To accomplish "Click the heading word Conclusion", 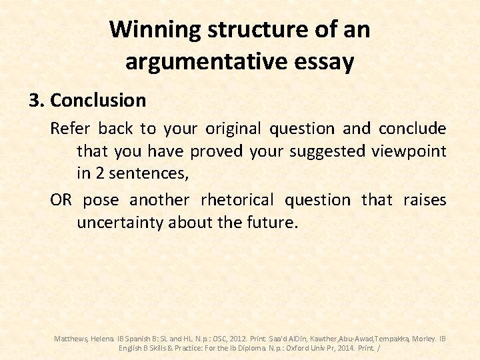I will point(98,101).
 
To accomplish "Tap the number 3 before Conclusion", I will point(35,101).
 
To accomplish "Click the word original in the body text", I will point(236,128).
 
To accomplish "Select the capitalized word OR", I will point(61,200).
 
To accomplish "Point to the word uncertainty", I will point(120,223).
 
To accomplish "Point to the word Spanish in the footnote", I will point(141,339).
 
